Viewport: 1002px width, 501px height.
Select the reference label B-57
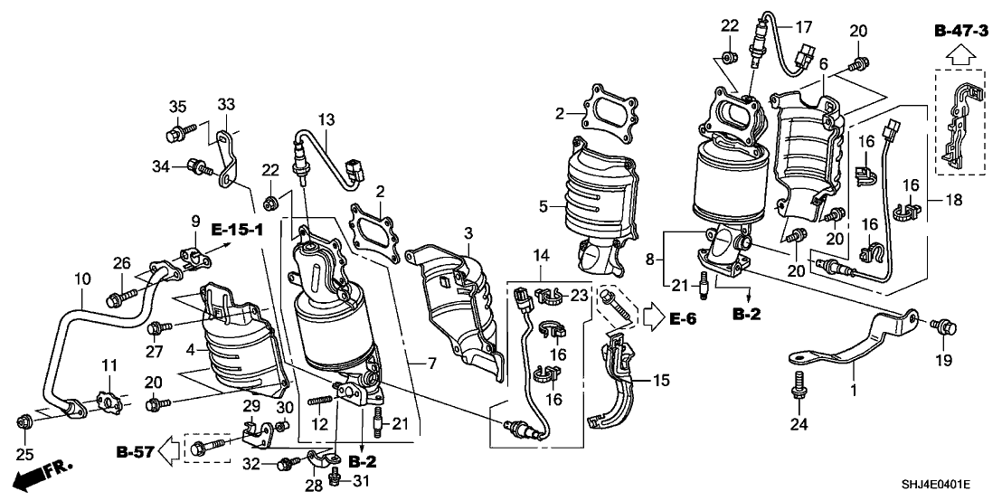pyautogui.click(x=134, y=449)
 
